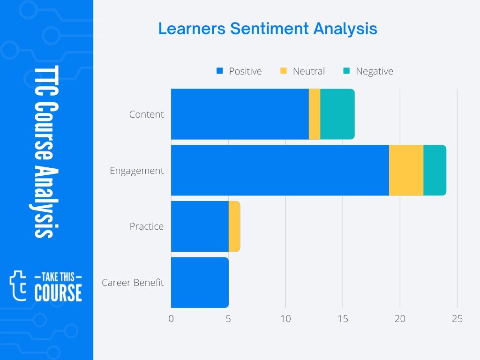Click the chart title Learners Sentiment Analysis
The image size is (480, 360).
[x=268, y=29]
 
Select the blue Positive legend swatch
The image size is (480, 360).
[x=219, y=71]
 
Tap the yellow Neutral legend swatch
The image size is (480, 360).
[x=283, y=71]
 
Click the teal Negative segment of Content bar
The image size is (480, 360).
[x=337, y=114]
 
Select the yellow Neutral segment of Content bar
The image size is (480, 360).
[x=315, y=114]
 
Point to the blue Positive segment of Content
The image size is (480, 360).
[x=240, y=114]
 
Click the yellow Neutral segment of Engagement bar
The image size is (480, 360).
[x=406, y=170]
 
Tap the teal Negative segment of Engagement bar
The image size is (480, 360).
[x=435, y=170]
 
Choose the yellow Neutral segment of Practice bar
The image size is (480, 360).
[x=234, y=226]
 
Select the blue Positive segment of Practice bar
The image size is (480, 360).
[x=200, y=226]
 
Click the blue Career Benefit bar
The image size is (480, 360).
[x=200, y=283]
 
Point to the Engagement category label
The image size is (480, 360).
[x=137, y=171]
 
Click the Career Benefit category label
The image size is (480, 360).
[x=133, y=283]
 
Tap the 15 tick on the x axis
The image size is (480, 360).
[x=343, y=319]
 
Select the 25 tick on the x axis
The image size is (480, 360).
[x=457, y=319]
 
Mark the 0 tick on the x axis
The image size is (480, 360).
[x=171, y=319]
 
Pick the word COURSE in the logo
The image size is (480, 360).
[x=58, y=293]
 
